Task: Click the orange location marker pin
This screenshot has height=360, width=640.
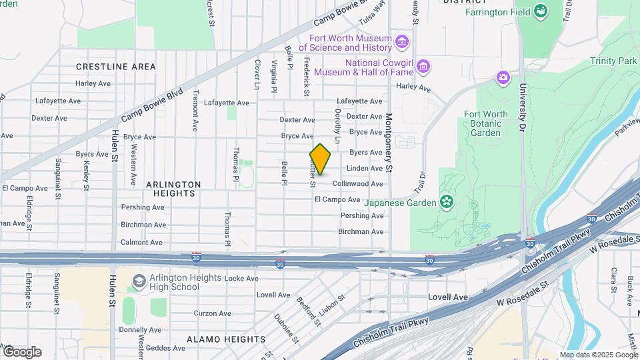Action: (x=321, y=159)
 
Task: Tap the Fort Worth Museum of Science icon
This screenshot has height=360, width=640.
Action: (x=401, y=43)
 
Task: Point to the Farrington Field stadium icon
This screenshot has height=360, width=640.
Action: (x=541, y=12)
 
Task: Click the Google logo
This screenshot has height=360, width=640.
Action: (x=22, y=351)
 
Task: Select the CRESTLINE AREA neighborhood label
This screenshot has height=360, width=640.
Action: (x=116, y=67)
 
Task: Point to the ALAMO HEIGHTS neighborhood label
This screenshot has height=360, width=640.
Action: (x=225, y=339)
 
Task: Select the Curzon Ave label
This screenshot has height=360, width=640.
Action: (x=213, y=313)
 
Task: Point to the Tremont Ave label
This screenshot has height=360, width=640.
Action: (x=196, y=111)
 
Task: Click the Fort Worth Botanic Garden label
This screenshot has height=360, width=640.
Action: (x=485, y=123)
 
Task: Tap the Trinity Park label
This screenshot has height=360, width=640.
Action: (x=613, y=61)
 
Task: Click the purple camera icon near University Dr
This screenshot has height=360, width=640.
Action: (x=503, y=78)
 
